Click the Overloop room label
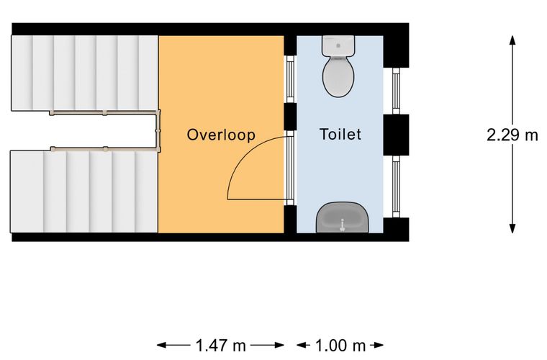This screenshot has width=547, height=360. tap(221, 135)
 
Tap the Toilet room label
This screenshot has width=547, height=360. tap(340, 135)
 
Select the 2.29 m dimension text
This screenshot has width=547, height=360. tap(512, 135)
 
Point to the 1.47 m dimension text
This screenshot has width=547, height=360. tap(221, 346)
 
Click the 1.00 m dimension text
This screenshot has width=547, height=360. tap(340, 346)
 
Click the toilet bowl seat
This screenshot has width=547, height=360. tap(338, 77)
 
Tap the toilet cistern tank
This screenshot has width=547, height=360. tap(338, 45)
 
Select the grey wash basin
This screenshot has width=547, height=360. tap(342, 217)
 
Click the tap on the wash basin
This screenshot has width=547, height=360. tap(342, 225)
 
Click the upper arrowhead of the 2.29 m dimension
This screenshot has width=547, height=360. tap(512, 40)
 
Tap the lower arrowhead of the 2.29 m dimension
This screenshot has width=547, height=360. tap(512, 228)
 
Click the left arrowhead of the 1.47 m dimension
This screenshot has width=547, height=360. tap(161, 346)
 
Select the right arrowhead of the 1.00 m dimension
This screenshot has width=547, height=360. tap(379, 346)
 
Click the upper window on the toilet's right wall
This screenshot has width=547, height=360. tap(396, 91)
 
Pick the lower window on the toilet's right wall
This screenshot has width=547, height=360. tap(396, 186)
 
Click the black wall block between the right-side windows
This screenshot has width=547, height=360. tap(396, 135)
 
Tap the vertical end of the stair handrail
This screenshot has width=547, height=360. tap(158, 131)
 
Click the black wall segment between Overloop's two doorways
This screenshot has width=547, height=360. tap(290, 117)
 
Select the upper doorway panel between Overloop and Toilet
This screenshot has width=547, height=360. tap(290, 79)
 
